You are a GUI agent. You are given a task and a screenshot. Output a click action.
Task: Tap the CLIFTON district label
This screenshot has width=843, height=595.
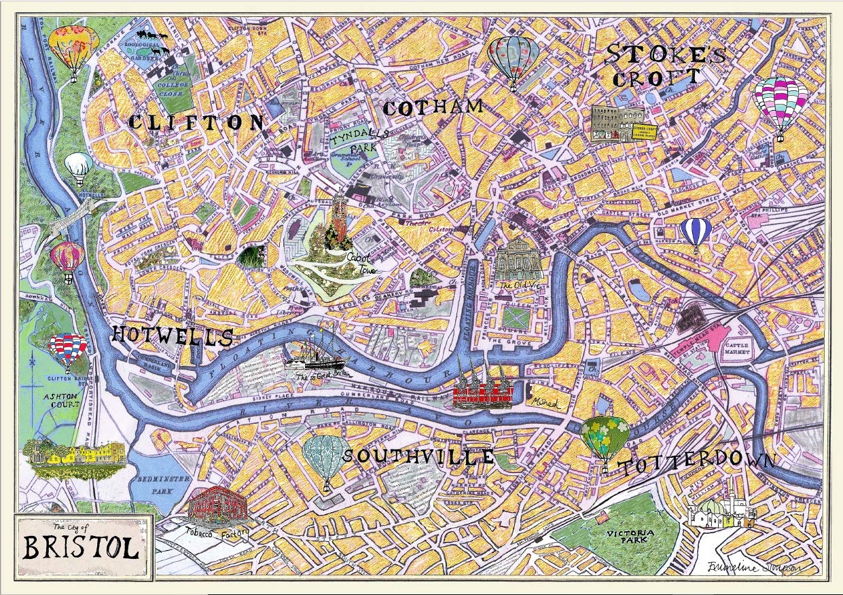point(196,122)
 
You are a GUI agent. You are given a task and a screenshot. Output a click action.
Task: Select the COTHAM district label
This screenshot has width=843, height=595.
point(433,107)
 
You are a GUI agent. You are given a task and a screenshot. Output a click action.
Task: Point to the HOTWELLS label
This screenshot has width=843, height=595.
point(172,336)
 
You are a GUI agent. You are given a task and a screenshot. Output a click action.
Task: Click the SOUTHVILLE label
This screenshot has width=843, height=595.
point(418,456)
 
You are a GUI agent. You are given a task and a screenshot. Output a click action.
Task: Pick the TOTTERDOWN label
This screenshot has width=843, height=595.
point(696,463)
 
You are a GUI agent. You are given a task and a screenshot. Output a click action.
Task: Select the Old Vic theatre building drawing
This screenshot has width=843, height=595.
point(519,261)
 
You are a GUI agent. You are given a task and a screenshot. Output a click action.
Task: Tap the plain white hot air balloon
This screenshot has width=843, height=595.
point(79,167)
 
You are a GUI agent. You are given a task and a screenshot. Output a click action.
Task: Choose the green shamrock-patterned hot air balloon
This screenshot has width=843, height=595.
point(605,438)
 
